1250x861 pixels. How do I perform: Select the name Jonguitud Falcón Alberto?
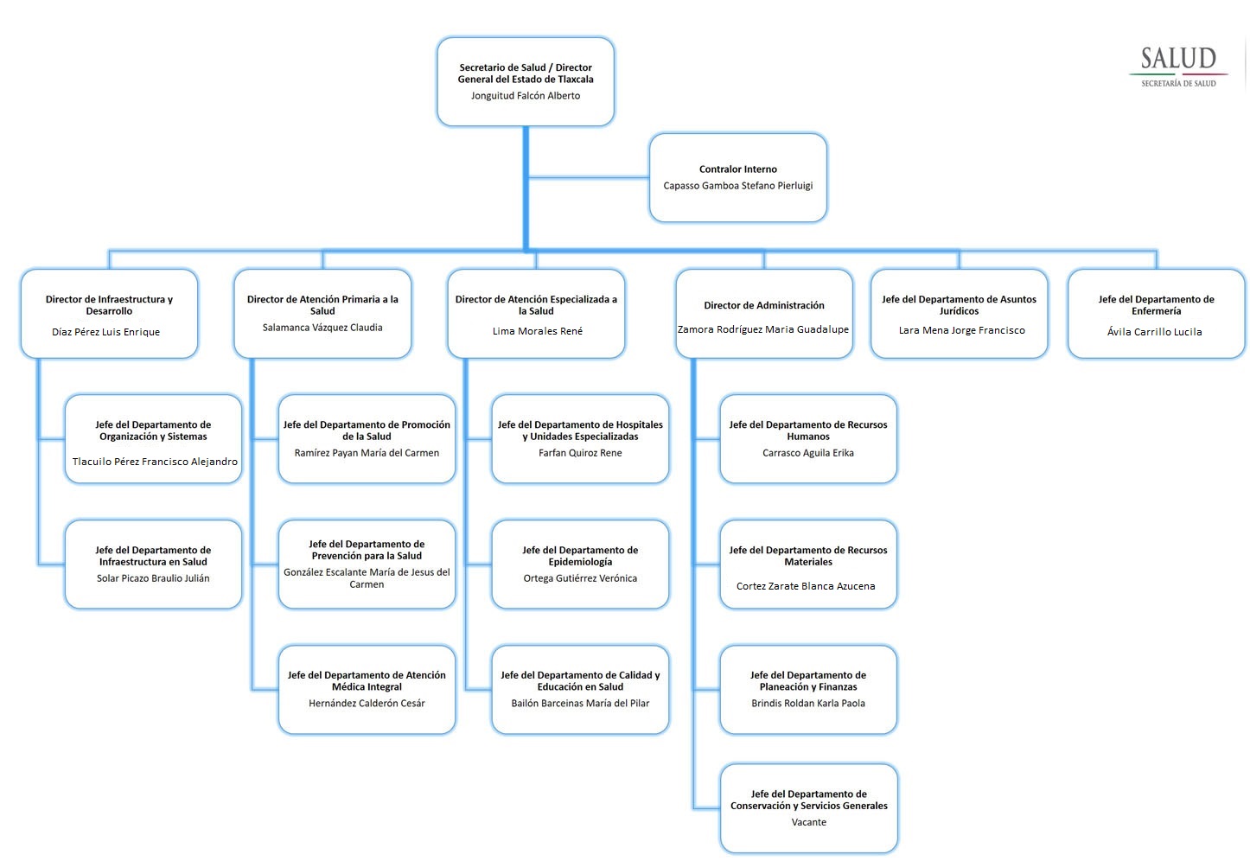pyautogui.click(x=526, y=96)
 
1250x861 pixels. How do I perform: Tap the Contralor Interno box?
pyautogui.click(x=738, y=177)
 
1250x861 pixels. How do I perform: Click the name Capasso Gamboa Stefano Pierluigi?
pyautogui.click(x=738, y=186)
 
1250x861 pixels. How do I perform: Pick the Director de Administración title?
pyautogui.click(x=764, y=305)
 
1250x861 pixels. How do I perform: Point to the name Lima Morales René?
pyautogui.click(x=538, y=331)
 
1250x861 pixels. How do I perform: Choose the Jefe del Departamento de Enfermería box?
pyautogui.click(x=1156, y=314)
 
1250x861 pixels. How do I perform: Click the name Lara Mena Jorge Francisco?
pyautogui.click(x=961, y=330)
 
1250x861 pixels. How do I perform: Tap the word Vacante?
pyautogui.click(x=809, y=822)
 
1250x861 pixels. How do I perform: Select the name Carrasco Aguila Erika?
pyautogui.click(x=808, y=453)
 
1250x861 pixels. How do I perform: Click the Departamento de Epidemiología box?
pyautogui.click(x=580, y=564)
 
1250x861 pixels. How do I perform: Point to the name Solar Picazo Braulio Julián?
pyautogui.click(x=153, y=578)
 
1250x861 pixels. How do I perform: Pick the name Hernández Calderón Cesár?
pyautogui.click(x=367, y=704)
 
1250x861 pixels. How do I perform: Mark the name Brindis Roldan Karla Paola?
pyautogui.click(x=808, y=704)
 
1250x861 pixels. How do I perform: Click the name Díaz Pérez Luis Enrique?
pyautogui.click(x=105, y=332)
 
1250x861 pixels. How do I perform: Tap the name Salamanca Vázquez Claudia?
pyautogui.click(x=322, y=328)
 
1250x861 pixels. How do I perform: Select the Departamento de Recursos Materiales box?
pyautogui.click(x=808, y=564)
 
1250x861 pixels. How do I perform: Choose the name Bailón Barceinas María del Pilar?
pyautogui.click(x=580, y=704)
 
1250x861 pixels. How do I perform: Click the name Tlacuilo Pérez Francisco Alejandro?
pyautogui.click(x=155, y=462)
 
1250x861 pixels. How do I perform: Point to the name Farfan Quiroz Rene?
pyautogui.click(x=580, y=453)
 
